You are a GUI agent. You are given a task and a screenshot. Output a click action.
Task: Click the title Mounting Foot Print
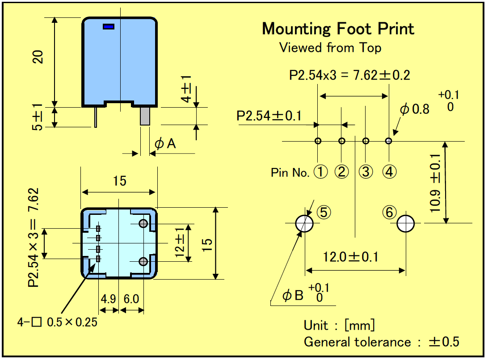[338, 29]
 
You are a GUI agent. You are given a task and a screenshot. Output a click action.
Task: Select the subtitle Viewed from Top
[330, 48]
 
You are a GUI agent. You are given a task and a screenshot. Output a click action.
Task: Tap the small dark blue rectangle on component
[109, 27]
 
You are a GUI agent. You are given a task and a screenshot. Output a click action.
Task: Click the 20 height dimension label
[38, 57]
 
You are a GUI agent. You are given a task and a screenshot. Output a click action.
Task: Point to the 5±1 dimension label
[37, 117]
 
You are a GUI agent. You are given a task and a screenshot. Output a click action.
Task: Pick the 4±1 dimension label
[186, 89]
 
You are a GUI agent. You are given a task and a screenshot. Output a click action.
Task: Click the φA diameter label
[165, 144]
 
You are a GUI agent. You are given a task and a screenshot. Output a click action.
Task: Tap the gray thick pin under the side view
[145, 116]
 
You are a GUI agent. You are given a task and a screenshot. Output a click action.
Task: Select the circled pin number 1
[320, 172]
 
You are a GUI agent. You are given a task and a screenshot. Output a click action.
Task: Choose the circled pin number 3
[366, 172]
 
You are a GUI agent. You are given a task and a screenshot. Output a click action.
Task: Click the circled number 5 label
[324, 213]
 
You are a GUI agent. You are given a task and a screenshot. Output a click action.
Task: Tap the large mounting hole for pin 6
[406, 223]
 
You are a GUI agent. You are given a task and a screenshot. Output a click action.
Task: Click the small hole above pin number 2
[342, 141]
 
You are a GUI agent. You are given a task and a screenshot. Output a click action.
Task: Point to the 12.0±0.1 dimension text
[350, 257]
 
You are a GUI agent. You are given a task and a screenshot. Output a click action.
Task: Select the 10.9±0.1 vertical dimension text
[435, 183]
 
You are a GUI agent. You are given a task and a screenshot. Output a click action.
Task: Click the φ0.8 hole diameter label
[415, 109]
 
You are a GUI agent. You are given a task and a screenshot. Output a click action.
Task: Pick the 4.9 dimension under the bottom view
[108, 299]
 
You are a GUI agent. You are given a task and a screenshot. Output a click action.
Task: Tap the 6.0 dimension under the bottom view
[131, 299]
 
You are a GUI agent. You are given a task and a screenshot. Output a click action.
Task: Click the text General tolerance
[358, 342]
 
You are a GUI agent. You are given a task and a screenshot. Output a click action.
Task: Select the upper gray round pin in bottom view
[143, 223]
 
